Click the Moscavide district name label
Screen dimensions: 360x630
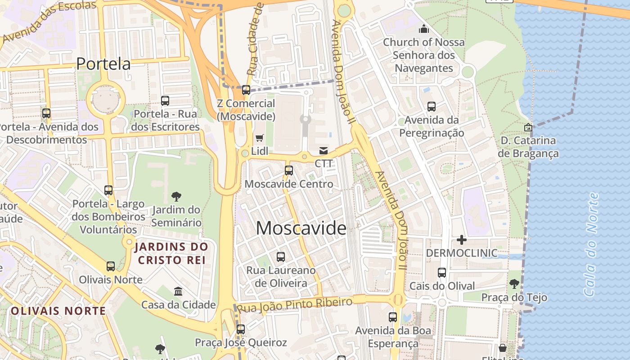(x=301, y=228)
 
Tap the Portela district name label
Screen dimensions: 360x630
(x=103, y=63)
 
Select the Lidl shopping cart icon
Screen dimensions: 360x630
(x=260, y=138)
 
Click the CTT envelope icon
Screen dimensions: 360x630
(x=324, y=150)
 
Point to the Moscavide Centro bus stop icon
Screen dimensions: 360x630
(x=289, y=171)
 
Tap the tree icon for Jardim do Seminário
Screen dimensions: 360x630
(x=176, y=196)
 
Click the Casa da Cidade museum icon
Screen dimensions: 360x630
(x=178, y=291)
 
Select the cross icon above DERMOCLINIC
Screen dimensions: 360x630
(x=461, y=239)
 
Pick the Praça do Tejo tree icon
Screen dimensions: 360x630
(x=514, y=284)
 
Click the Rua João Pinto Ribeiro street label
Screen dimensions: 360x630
(x=294, y=305)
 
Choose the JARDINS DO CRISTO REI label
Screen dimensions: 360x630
(x=172, y=253)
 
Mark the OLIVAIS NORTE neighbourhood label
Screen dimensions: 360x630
(x=58, y=311)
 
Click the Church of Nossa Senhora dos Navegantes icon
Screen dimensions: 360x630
(x=423, y=29)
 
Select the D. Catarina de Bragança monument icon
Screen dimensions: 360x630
(x=528, y=127)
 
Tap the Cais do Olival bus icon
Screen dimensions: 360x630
(x=442, y=273)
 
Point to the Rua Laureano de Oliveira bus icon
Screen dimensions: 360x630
(x=281, y=257)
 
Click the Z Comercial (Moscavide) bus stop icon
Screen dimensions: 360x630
(x=246, y=90)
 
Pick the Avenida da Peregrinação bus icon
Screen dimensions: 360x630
(x=432, y=107)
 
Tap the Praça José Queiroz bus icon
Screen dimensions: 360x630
(x=241, y=329)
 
